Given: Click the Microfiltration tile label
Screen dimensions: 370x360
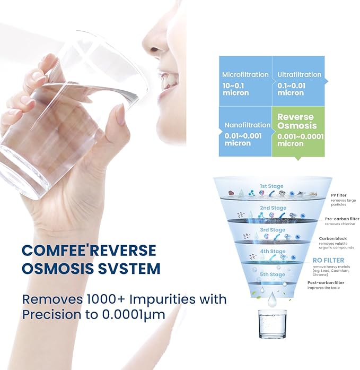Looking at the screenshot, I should (x=245, y=75).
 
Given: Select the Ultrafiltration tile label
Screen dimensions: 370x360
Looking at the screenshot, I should (x=299, y=75).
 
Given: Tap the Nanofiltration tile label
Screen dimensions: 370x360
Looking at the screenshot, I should (x=247, y=125).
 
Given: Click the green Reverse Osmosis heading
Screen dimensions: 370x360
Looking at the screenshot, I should (x=295, y=121).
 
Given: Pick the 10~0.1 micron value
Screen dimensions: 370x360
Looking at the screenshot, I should (x=235, y=89).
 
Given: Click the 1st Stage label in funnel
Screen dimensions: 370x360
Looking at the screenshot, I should (x=271, y=186).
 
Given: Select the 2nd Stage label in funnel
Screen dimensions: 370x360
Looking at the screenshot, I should (x=273, y=208).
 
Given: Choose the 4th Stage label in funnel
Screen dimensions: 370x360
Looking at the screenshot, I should (x=273, y=251).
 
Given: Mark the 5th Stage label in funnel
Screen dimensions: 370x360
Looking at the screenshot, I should (x=272, y=274).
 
